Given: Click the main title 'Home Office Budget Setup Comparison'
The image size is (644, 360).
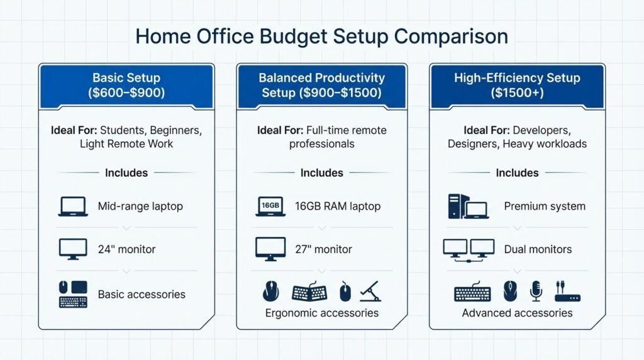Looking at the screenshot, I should pyautogui.click(x=321, y=36).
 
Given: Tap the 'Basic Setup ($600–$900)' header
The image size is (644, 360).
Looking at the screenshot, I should pyautogui.click(x=126, y=86).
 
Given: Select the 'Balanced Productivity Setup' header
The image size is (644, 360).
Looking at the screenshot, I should pyautogui.click(x=321, y=86).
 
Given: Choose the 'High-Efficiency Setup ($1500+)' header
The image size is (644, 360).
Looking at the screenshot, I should pyautogui.click(x=517, y=86).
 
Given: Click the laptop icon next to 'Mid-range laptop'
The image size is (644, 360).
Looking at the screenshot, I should pyautogui.click(x=73, y=206).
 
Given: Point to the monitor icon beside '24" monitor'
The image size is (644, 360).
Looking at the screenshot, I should pyautogui.click(x=73, y=249).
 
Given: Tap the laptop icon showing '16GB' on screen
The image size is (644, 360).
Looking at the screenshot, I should pyautogui.click(x=270, y=206).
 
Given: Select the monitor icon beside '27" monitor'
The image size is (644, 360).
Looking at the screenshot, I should pyautogui.click(x=270, y=249).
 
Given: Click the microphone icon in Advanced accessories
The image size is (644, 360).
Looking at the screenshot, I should pyautogui.click(x=536, y=291).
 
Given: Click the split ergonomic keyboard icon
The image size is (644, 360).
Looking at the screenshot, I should pyautogui.click(x=309, y=292).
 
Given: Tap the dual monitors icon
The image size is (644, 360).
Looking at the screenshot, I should pyautogui.click(x=469, y=249).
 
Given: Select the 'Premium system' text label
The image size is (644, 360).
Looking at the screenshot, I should pyautogui.click(x=545, y=206).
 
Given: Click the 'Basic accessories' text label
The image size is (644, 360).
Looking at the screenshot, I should pyautogui.click(x=142, y=295).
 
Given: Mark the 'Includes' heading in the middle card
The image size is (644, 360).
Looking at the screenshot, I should pyautogui.click(x=321, y=173).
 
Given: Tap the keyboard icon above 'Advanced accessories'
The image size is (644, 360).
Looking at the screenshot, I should pyautogui.click(x=472, y=293).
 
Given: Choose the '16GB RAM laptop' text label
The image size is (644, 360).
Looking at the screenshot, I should pyautogui.click(x=338, y=206).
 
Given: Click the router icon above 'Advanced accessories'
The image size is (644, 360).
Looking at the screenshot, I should pyautogui.click(x=567, y=292).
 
